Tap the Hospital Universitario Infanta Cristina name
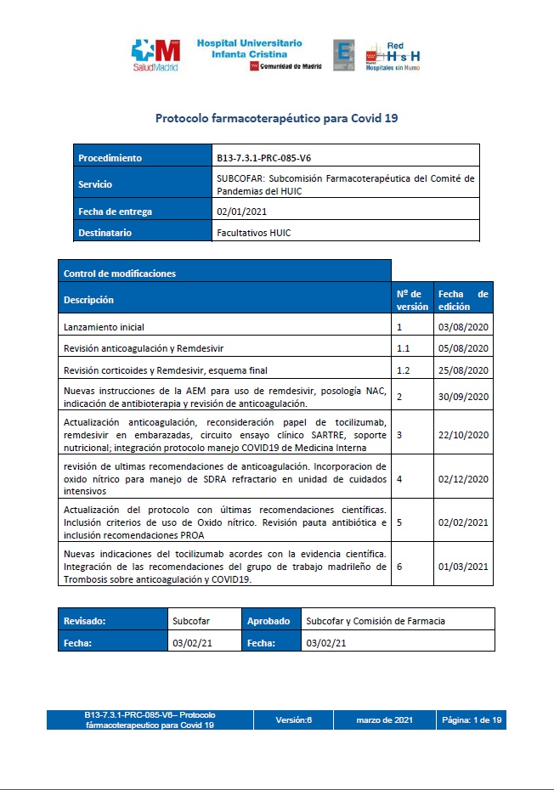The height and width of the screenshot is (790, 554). click(x=249, y=48)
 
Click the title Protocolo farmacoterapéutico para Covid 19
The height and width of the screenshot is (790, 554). click(x=276, y=118)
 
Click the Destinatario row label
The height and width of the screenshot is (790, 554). click(x=106, y=232)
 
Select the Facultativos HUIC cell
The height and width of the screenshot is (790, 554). click(x=254, y=233)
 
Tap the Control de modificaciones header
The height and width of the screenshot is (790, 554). click(x=120, y=274)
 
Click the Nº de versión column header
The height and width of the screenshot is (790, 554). click(x=412, y=300)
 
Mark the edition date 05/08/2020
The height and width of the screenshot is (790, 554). click(x=464, y=348)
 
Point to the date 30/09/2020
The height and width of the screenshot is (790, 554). click(x=464, y=397)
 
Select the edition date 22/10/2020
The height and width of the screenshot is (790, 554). click(x=464, y=435)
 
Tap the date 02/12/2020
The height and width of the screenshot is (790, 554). click(x=464, y=478)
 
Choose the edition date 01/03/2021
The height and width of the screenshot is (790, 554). click(x=464, y=567)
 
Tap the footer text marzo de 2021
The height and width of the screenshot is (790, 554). click(x=384, y=720)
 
